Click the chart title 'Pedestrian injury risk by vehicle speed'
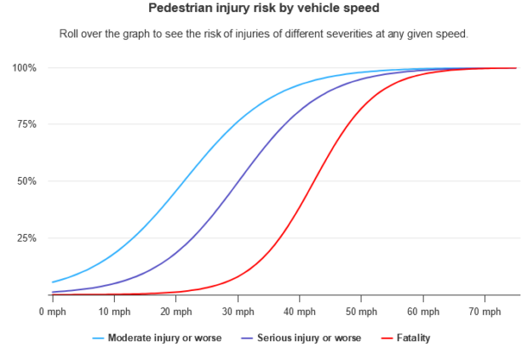(264, 9)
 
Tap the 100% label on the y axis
(25, 67)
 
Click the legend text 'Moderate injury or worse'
(164, 338)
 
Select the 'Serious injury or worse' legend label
(307, 338)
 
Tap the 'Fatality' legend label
(412, 338)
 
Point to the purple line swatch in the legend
(249, 338)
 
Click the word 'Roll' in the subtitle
(70, 34)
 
